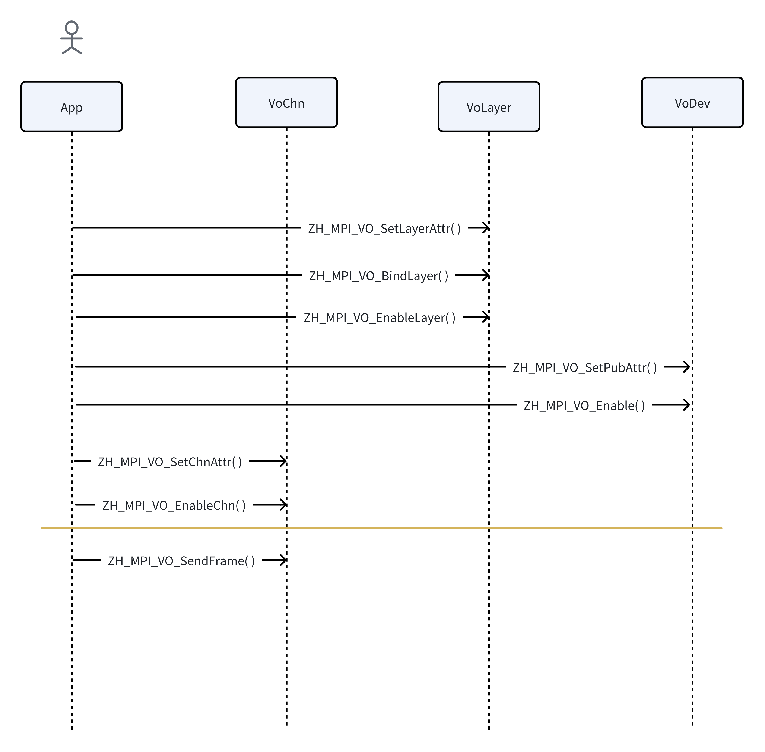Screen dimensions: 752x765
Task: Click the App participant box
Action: pos(72,107)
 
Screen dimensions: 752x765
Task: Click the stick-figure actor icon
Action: pos(72,38)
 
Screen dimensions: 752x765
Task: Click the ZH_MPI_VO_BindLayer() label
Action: pos(378,276)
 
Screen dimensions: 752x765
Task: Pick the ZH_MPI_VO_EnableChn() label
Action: pos(174,505)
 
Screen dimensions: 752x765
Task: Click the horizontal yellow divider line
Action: pos(381,528)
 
